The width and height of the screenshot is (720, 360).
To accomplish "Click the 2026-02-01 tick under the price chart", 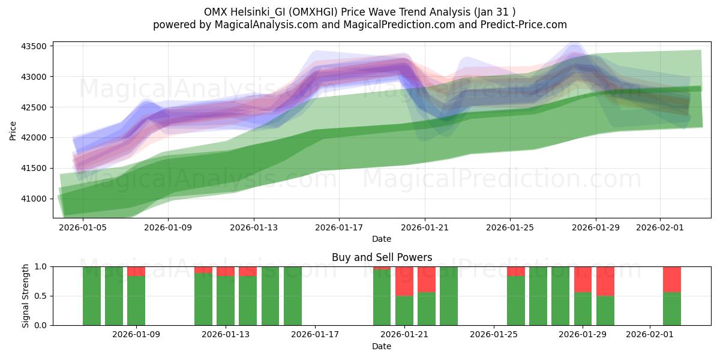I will point(660,227).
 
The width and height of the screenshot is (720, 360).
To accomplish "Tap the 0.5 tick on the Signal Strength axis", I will point(42,296).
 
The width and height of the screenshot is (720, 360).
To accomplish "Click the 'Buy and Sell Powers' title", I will point(382,257).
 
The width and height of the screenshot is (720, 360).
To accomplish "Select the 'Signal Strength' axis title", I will point(26,296).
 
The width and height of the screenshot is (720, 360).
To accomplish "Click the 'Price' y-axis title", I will point(13,130).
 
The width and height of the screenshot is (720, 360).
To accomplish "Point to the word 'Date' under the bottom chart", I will point(382,346).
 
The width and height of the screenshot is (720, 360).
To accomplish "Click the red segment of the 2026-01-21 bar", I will point(404,281).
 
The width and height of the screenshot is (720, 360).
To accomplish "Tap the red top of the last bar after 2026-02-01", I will point(672,278).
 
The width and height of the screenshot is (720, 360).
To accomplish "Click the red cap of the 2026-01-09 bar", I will point(136,271).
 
